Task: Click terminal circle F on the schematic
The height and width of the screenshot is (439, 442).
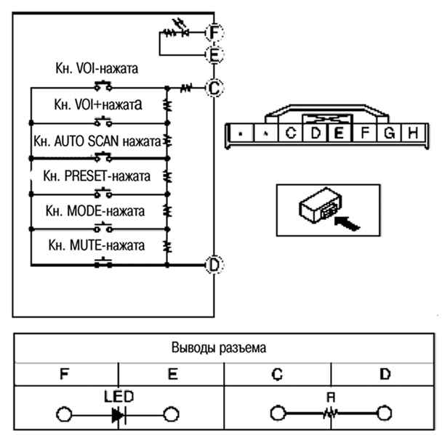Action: point(214,33)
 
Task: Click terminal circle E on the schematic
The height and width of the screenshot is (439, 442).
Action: point(214,54)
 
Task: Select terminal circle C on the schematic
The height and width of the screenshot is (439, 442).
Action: point(214,88)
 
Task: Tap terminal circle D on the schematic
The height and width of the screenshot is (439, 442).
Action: point(214,265)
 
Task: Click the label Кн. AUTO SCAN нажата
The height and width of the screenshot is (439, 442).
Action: point(97,141)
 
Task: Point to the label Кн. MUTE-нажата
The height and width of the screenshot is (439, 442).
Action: point(97,245)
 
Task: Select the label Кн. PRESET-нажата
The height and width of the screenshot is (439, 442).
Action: point(97,176)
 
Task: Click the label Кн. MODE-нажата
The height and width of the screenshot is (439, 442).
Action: point(95,210)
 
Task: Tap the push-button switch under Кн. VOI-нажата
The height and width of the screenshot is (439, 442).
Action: point(103,86)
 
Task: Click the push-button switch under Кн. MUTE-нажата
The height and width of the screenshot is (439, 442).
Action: point(103,262)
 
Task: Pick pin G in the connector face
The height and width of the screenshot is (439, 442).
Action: point(389,133)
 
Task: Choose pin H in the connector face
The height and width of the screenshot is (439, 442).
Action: point(413,133)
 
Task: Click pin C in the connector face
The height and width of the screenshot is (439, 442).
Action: point(290,133)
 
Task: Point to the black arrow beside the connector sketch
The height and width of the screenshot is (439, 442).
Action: point(347,223)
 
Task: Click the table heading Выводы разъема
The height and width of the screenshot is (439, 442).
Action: point(219,348)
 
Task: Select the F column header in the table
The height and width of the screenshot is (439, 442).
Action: point(65,374)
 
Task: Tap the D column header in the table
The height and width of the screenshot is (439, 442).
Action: point(385,374)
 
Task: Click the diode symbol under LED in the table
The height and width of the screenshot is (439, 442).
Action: point(118,414)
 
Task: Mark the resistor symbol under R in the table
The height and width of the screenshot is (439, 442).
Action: point(330,414)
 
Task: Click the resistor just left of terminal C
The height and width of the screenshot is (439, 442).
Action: point(186,88)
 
